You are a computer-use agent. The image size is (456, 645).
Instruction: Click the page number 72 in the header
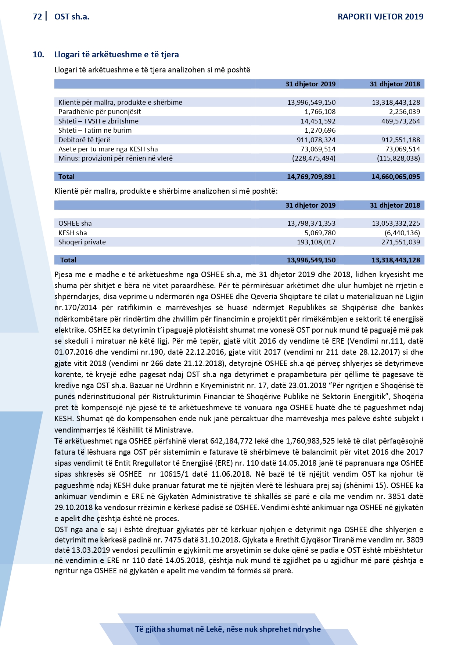point(37,17)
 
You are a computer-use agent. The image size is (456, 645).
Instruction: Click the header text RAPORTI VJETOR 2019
point(380,17)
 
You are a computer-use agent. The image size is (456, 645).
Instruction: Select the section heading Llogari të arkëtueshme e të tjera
point(116,55)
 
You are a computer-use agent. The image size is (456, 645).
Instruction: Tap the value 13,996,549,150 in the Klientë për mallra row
point(311,103)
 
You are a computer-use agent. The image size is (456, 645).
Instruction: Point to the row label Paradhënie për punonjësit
point(100,112)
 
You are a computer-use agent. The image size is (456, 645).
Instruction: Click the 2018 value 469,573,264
point(401,121)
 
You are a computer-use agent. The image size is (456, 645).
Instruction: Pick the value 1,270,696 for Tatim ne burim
point(320,130)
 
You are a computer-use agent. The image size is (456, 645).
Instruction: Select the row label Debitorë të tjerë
point(84,140)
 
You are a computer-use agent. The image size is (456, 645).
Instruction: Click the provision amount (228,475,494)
point(314,158)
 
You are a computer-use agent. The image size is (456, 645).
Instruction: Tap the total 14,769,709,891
point(311,177)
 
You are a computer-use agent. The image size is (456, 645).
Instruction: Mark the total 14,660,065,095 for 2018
point(395,177)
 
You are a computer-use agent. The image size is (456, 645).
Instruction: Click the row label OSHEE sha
point(75,223)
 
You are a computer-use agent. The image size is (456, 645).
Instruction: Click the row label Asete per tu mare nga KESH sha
point(108,149)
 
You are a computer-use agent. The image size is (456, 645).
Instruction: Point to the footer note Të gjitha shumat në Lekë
point(228,629)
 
